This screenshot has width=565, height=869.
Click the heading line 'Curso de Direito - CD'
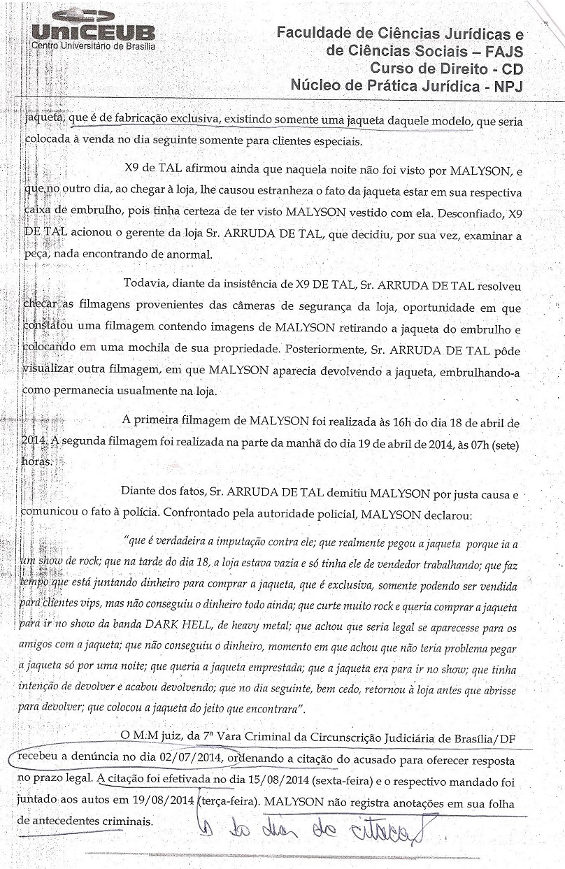[x=446, y=69]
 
